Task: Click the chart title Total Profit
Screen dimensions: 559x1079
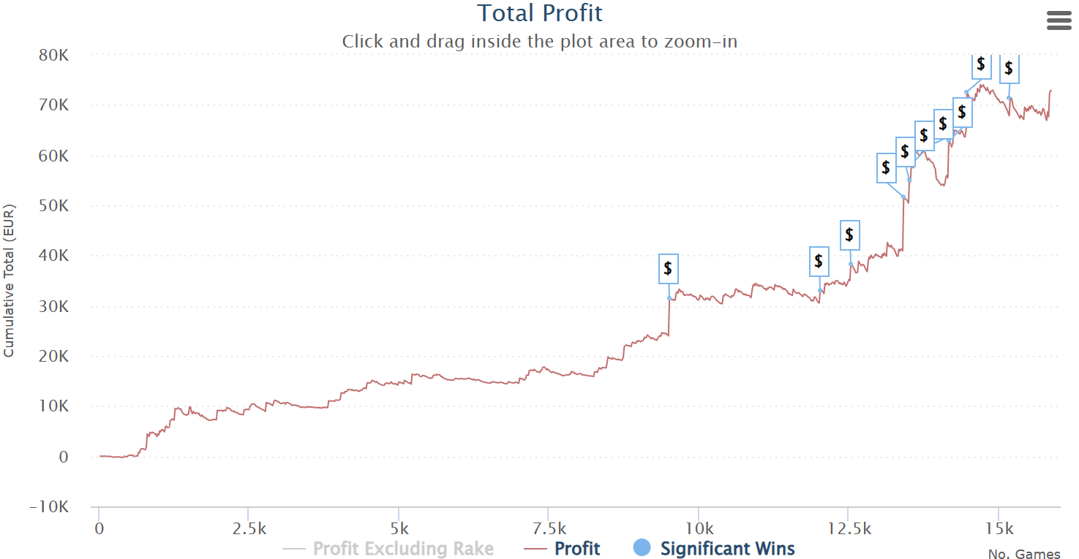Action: (x=540, y=13)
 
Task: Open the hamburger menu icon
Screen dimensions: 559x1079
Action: (x=1059, y=20)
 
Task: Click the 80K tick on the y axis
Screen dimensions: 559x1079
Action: (x=54, y=56)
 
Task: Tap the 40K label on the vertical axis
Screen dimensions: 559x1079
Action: (x=54, y=256)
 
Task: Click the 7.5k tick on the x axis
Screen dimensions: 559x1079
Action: (x=548, y=528)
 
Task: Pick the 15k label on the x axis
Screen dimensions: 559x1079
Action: (x=999, y=528)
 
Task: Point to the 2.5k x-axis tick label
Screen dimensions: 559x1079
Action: (x=248, y=528)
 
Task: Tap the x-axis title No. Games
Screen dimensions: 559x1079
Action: (x=1023, y=555)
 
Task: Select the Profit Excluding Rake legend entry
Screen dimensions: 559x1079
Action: (x=402, y=549)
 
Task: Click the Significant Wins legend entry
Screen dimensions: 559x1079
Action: (x=726, y=549)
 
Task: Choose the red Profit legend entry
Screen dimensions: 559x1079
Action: (x=577, y=549)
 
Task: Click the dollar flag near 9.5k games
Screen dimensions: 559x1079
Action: (x=668, y=269)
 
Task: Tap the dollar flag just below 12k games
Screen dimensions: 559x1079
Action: (x=819, y=262)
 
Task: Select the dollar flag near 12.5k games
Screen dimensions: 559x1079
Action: (x=849, y=235)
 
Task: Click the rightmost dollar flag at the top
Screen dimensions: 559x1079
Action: (x=1009, y=69)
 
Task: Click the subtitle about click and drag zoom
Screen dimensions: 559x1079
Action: (x=539, y=42)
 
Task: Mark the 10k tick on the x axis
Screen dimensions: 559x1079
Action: (x=699, y=528)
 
